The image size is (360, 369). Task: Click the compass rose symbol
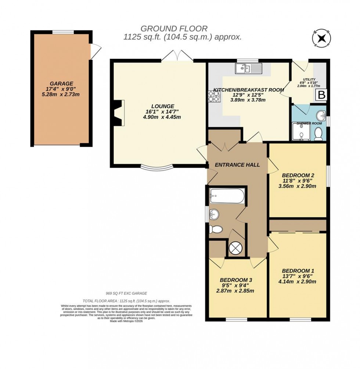tap(322, 38)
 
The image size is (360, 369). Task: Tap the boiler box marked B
tap(321, 95)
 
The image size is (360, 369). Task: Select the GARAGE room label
tap(62, 84)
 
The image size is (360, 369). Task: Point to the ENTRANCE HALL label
tap(237, 165)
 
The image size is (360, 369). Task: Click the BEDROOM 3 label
tap(236, 280)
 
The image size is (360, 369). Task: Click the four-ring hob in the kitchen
tap(213, 96)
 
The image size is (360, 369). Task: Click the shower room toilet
tap(318, 134)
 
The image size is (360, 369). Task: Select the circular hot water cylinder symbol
tap(235, 249)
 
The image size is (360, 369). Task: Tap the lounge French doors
tap(177, 56)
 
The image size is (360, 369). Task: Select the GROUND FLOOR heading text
tap(174, 28)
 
